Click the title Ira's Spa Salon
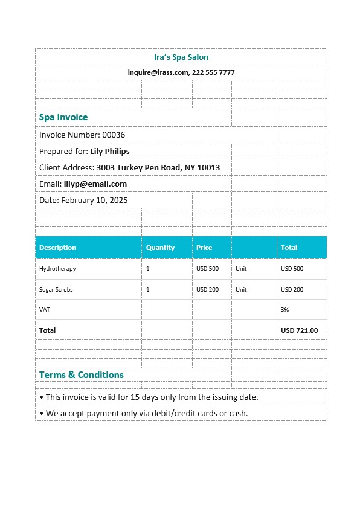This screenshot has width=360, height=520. pos(181,57)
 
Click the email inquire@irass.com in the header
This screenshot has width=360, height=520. pos(158,72)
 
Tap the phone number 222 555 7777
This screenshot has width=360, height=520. pos(213,72)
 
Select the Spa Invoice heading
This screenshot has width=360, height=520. pos(63,117)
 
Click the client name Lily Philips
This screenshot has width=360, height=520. pos(109,151)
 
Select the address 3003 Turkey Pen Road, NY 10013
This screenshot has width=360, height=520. pos(158,167)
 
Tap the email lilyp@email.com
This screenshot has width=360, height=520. pos(95,184)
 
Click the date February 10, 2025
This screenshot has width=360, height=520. pos(94,200)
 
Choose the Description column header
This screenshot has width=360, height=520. pos(57,248)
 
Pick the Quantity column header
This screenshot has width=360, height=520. pos(160,248)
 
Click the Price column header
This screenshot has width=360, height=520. pos(204,248)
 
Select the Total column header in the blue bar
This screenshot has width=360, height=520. pos(289,248)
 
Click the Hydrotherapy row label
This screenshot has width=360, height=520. pos(57,269)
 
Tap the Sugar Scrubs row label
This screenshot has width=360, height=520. pos(56,290)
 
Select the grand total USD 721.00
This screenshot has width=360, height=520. pos(299,330)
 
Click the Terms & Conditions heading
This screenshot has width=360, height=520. pos(81,375)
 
